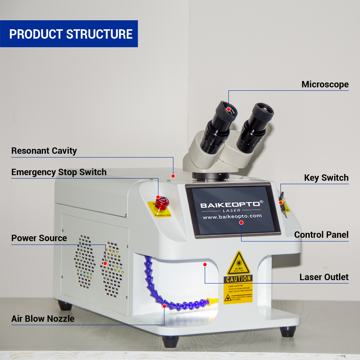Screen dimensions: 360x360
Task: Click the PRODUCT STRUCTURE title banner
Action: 70,34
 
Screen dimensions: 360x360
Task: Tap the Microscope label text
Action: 325,85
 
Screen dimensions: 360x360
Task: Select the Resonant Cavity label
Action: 44,151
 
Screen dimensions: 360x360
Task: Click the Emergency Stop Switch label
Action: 59,172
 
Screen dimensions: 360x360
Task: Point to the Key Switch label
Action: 326,178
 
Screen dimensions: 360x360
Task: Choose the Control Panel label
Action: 321,235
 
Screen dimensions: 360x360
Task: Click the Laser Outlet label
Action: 324,277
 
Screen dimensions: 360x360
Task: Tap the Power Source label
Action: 39,238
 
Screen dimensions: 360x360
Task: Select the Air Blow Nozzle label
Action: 43,319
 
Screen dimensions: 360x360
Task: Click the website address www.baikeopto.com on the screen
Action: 232,216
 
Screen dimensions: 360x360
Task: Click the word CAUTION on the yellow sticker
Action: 238,279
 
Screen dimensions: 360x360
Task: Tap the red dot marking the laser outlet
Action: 205,264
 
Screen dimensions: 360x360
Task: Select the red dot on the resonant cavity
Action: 173,175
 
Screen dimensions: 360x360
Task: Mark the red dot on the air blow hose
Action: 164,306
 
